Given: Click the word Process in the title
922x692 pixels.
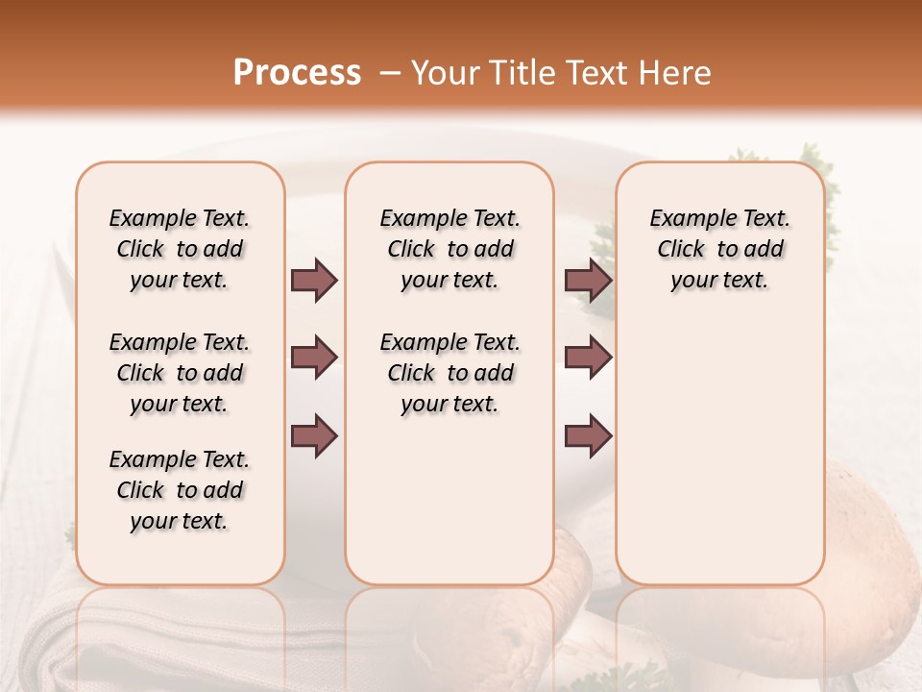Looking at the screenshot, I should [297, 73].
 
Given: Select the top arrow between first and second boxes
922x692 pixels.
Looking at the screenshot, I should [314, 281].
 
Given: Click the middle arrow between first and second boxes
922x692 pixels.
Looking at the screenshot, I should [314, 358].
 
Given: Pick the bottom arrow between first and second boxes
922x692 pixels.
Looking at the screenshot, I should [314, 436].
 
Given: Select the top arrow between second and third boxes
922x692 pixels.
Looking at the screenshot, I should [588, 281].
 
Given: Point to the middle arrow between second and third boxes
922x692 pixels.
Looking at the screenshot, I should [588, 358].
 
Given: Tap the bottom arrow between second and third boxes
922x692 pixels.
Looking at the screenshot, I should [588, 436].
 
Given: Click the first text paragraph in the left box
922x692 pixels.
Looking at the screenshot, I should [180, 249].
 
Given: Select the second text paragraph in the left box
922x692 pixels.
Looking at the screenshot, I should [180, 373].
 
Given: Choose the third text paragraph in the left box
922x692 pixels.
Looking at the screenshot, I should [180, 490].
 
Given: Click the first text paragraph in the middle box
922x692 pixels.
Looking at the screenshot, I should [450, 249].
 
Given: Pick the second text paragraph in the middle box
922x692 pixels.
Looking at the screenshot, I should [450, 373].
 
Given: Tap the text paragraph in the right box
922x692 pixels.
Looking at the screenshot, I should [720, 249].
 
